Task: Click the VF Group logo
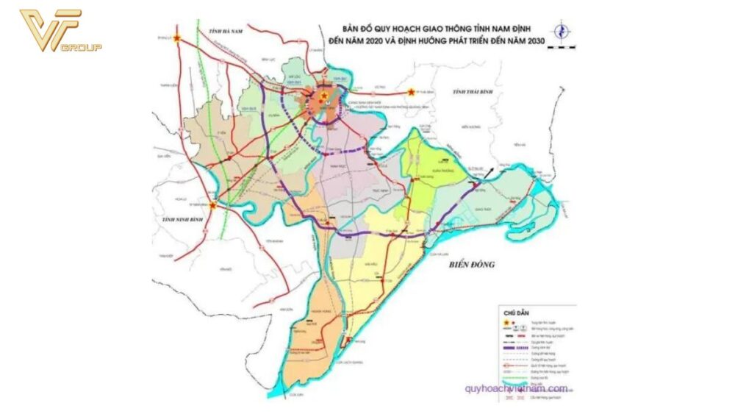[x=59, y=32]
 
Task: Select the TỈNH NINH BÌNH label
[x=179, y=220]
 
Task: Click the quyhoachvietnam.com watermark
[x=515, y=389]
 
